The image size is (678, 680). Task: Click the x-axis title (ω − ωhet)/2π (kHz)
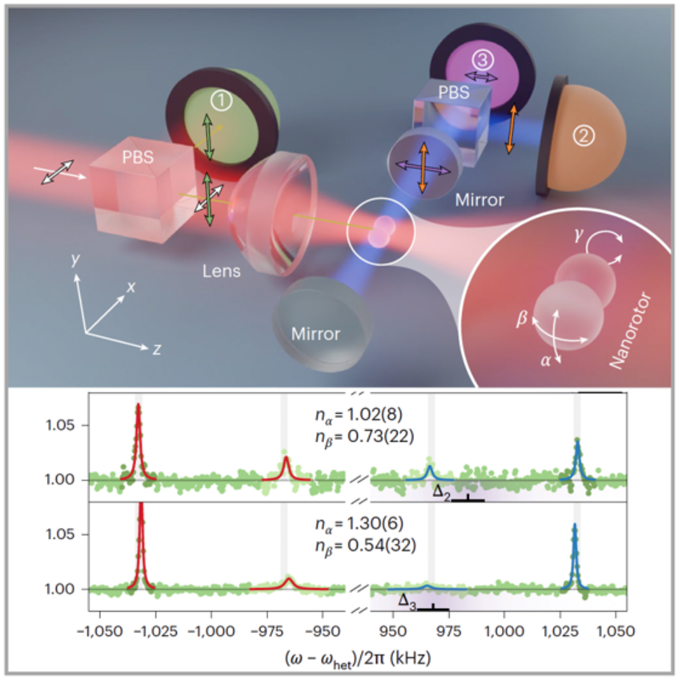(356, 659)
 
